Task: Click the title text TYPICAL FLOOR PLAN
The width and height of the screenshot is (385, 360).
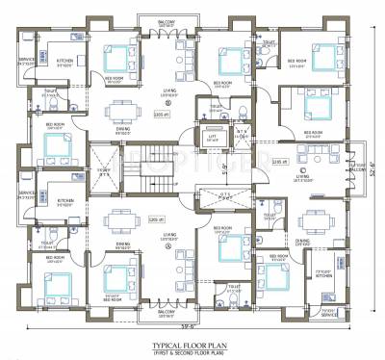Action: tap(192, 343)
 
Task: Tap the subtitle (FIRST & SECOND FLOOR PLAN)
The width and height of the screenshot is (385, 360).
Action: tap(192, 351)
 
